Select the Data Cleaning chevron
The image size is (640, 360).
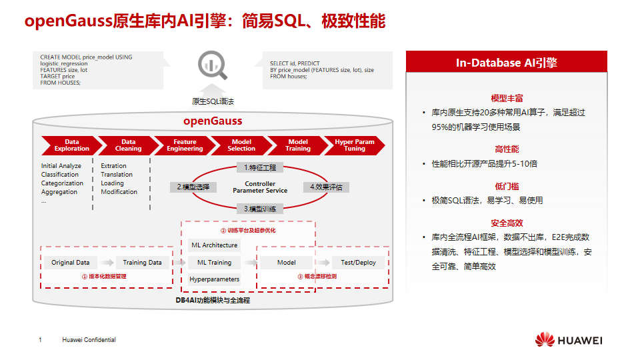tap(128, 145)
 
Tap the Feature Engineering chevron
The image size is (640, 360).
tap(185, 145)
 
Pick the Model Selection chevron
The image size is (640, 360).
tap(241, 145)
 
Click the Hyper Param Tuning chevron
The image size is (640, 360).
tap(355, 145)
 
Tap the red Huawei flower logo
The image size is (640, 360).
tap(545, 340)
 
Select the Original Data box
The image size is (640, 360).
tap(71, 263)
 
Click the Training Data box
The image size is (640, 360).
tap(142, 263)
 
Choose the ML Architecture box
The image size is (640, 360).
tap(214, 245)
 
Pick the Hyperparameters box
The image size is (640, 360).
tap(214, 279)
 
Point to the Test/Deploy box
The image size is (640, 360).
tap(359, 263)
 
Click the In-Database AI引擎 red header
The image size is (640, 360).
tap(506, 63)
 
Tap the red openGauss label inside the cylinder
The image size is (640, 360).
tap(213, 121)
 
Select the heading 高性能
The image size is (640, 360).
tap(506, 149)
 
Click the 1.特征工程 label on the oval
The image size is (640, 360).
tap(260, 167)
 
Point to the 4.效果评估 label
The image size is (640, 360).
tap(326, 187)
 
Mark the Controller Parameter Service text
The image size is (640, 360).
tap(260, 187)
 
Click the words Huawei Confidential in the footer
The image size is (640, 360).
tap(89, 340)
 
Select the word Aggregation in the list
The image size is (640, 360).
tap(59, 192)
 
